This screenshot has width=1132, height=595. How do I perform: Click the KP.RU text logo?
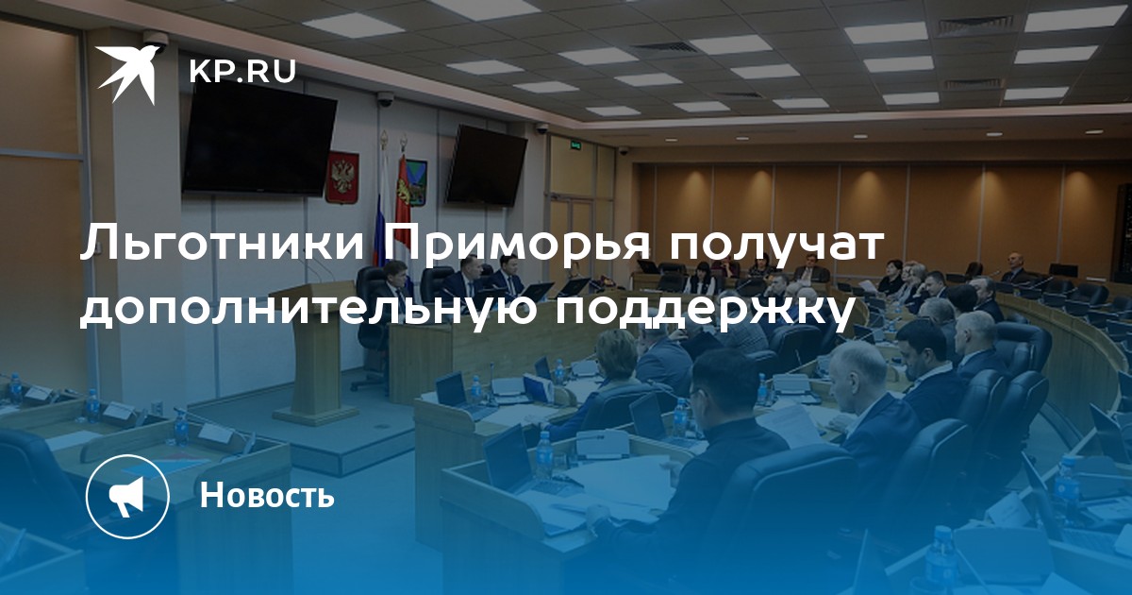(x=242, y=72)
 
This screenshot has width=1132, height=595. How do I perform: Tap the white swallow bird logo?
(x=128, y=73)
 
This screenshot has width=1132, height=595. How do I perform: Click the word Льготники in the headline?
(x=223, y=244)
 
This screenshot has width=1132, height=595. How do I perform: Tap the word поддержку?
(x=703, y=309)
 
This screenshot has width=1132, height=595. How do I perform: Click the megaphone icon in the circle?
(x=127, y=495)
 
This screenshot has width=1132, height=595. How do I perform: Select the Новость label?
(x=267, y=494)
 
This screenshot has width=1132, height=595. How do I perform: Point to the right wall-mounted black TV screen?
(x=486, y=165)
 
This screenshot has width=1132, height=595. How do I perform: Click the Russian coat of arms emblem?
(x=341, y=178)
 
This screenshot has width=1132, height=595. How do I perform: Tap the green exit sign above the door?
(x=575, y=145)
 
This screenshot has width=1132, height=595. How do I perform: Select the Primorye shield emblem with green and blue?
(x=417, y=183)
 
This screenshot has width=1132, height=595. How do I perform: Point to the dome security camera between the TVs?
(x=386, y=98)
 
